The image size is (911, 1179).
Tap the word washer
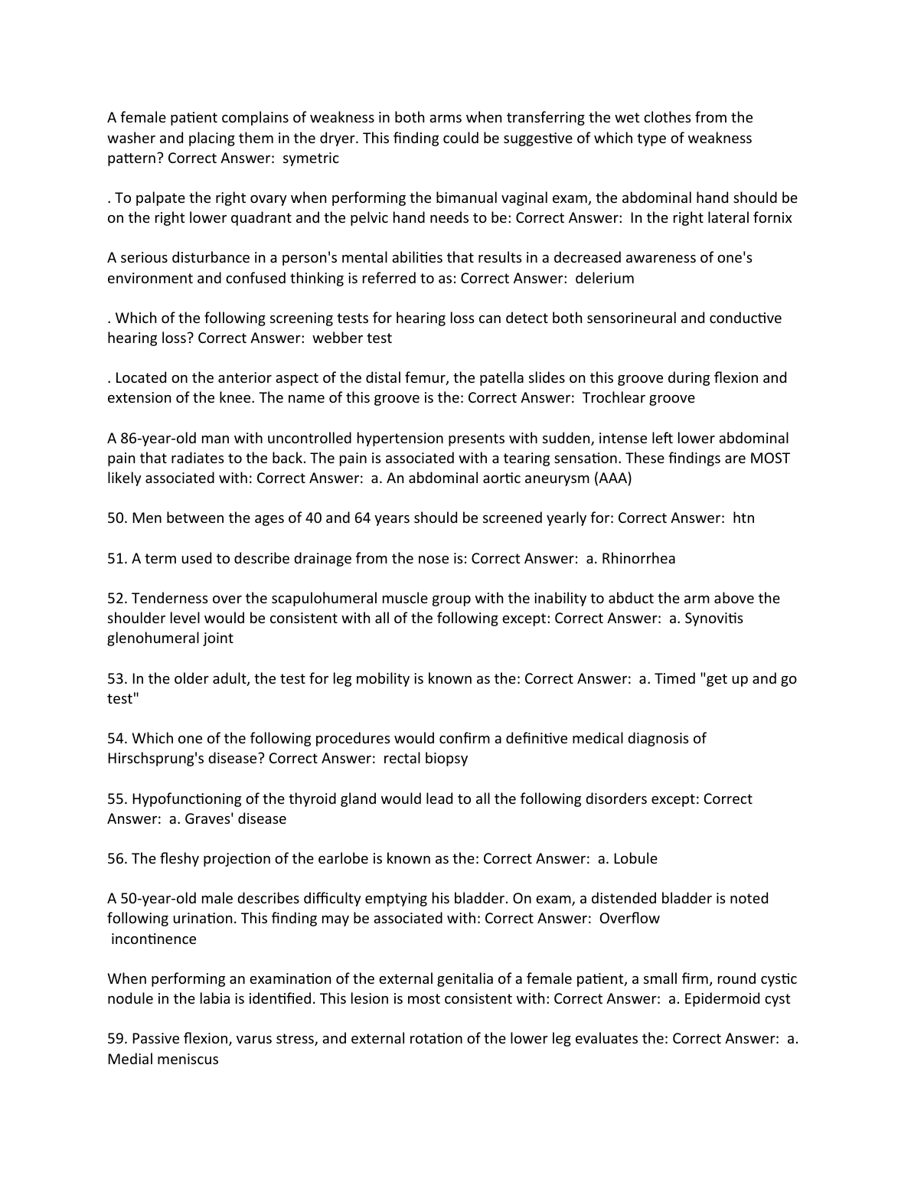point(131,139)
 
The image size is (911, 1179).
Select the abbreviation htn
point(743,518)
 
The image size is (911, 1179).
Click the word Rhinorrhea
point(638,559)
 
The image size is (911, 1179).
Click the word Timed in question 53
point(674,679)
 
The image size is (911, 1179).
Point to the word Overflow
point(629,919)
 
